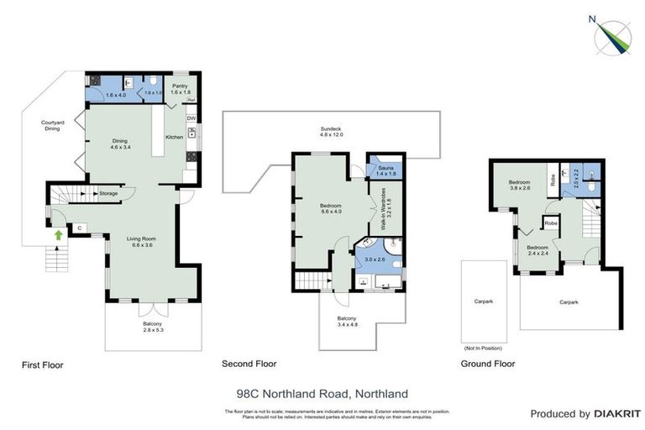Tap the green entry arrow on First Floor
tap(58, 235)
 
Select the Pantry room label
tap(179, 88)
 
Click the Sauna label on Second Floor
tap(385, 171)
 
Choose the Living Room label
tap(141, 243)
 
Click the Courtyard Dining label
tap(55, 127)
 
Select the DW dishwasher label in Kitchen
tap(191, 118)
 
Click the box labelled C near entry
tap(79, 228)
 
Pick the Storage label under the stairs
tap(107, 194)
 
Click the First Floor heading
tap(42, 365)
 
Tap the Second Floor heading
tap(249, 364)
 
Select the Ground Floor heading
tap(488, 364)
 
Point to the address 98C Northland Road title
tap(322, 392)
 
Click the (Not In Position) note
tap(483, 348)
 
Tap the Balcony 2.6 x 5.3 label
tap(152, 328)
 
